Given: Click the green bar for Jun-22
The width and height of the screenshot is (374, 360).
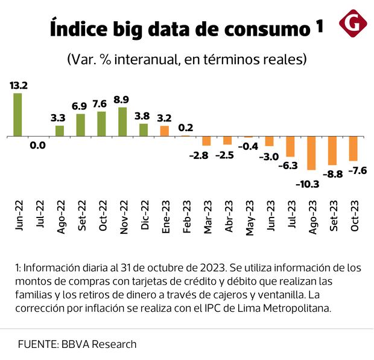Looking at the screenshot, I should tap(17, 115).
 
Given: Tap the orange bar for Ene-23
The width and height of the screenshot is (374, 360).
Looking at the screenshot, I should tap(164, 131).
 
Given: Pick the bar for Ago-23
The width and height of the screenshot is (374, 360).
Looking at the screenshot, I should tap(311, 153).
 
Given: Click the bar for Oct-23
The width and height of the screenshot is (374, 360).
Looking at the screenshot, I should tap(353, 149).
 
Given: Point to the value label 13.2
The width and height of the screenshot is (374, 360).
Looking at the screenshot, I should tap(17, 85).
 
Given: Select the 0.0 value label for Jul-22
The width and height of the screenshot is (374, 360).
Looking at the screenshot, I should tap(39, 146).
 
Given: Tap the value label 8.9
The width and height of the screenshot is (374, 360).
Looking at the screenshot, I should tap(122, 99).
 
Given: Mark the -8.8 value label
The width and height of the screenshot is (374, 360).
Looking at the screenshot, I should tap(332, 174).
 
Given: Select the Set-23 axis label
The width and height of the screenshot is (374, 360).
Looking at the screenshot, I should tap(332, 215).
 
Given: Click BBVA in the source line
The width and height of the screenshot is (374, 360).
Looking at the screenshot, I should tap(75, 344).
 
